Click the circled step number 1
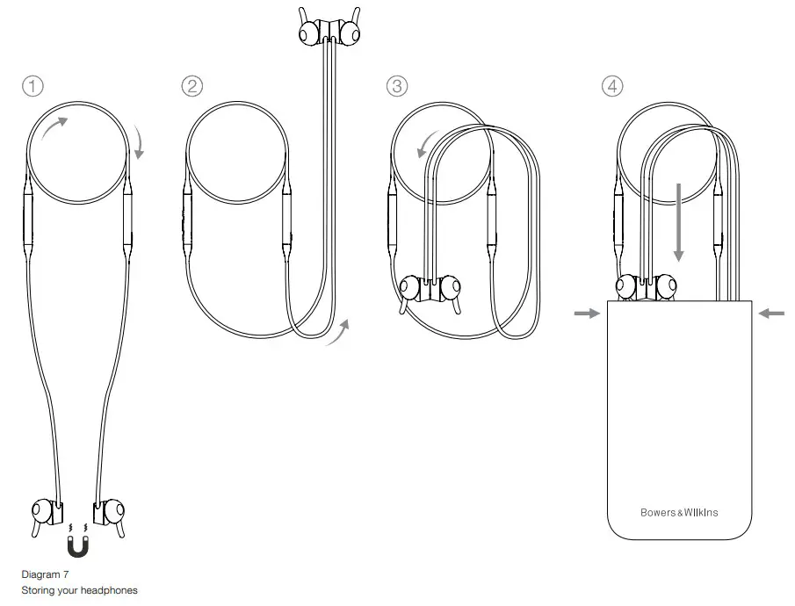33,86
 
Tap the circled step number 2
192,86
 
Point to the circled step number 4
612,86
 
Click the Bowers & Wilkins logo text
679,512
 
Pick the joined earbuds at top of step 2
329,30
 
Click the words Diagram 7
45,574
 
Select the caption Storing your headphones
79,590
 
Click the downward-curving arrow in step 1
138,142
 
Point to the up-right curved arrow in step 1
54,130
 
